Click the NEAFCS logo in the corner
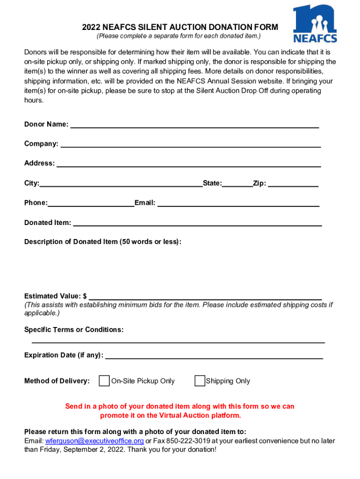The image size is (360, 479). pos(315,24)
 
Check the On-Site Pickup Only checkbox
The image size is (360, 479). pos(104,381)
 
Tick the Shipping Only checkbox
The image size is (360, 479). pos(200,381)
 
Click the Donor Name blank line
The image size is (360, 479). pos(194,126)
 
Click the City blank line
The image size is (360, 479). pos(121,185)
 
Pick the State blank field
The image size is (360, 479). pos(237,185)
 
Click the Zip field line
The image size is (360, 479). pos(293,185)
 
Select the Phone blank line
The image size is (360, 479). pos(91,205)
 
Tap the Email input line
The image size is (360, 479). pos(238,205)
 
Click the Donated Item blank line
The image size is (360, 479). pos(197,225)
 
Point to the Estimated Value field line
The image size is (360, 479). pos(205,298)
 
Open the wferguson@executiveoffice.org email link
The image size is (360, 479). pos(94,441)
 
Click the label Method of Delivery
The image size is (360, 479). pos(57,381)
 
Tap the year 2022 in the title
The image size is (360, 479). pos(91,28)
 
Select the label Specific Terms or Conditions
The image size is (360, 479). pos(74,330)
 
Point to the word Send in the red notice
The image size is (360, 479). pos(74,406)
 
